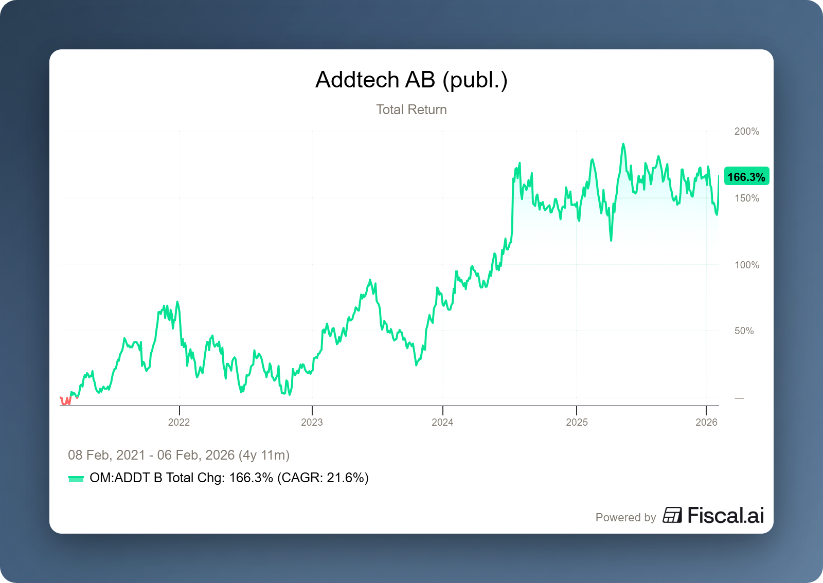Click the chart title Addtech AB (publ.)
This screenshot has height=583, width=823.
point(411,80)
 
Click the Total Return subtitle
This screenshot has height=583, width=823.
point(411,110)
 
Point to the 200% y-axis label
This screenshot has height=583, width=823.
point(746,131)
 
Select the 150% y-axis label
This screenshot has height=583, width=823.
point(746,198)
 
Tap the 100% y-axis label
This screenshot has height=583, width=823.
point(746,265)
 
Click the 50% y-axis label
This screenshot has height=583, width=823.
point(744,331)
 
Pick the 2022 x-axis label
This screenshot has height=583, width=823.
point(179,422)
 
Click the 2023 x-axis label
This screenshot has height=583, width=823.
point(312,422)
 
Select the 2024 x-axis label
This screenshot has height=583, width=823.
point(442,422)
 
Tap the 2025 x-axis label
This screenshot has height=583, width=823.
point(577,422)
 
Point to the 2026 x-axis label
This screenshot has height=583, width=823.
point(706,422)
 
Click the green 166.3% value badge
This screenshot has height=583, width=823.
point(746,177)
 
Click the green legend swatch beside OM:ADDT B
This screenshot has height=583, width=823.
point(76,479)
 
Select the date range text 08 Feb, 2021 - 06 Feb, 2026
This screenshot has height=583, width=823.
point(178,455)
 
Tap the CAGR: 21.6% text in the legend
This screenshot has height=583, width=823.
point(323,478)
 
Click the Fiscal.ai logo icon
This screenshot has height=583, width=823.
point(672,515)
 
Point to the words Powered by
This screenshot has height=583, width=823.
point(625,517)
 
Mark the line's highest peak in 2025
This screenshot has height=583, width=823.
point(623,144)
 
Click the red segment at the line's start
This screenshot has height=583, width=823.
point(66,400)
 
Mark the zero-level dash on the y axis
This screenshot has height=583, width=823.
point(739,398)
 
